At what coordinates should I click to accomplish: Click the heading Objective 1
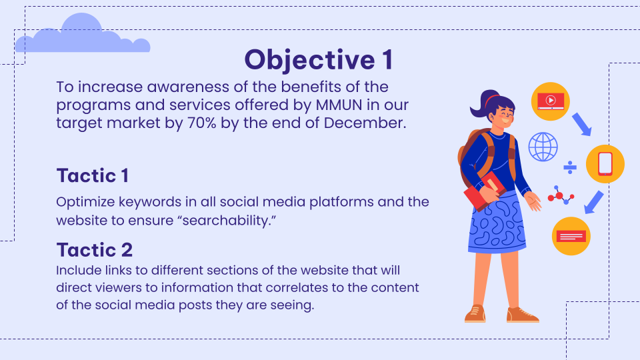(319, 60)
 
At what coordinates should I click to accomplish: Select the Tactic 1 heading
(93, 176)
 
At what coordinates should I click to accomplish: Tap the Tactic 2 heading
(95, 250)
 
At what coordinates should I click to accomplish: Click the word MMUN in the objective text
(339, 105)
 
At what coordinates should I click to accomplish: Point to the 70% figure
(201, 123)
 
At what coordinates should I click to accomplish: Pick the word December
(365, 123)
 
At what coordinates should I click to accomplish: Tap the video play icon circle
(551, 101)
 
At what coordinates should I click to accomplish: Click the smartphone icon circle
(605, 164)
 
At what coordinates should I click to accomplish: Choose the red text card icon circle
(571, 236)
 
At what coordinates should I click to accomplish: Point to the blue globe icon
(543, 147)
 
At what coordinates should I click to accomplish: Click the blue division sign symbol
(570, 167)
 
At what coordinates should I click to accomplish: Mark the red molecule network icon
(561, 195)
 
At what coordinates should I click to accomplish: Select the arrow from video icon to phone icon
(581, 124)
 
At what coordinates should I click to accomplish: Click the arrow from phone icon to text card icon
(594, 202)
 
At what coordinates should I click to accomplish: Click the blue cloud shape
(83, 36)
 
